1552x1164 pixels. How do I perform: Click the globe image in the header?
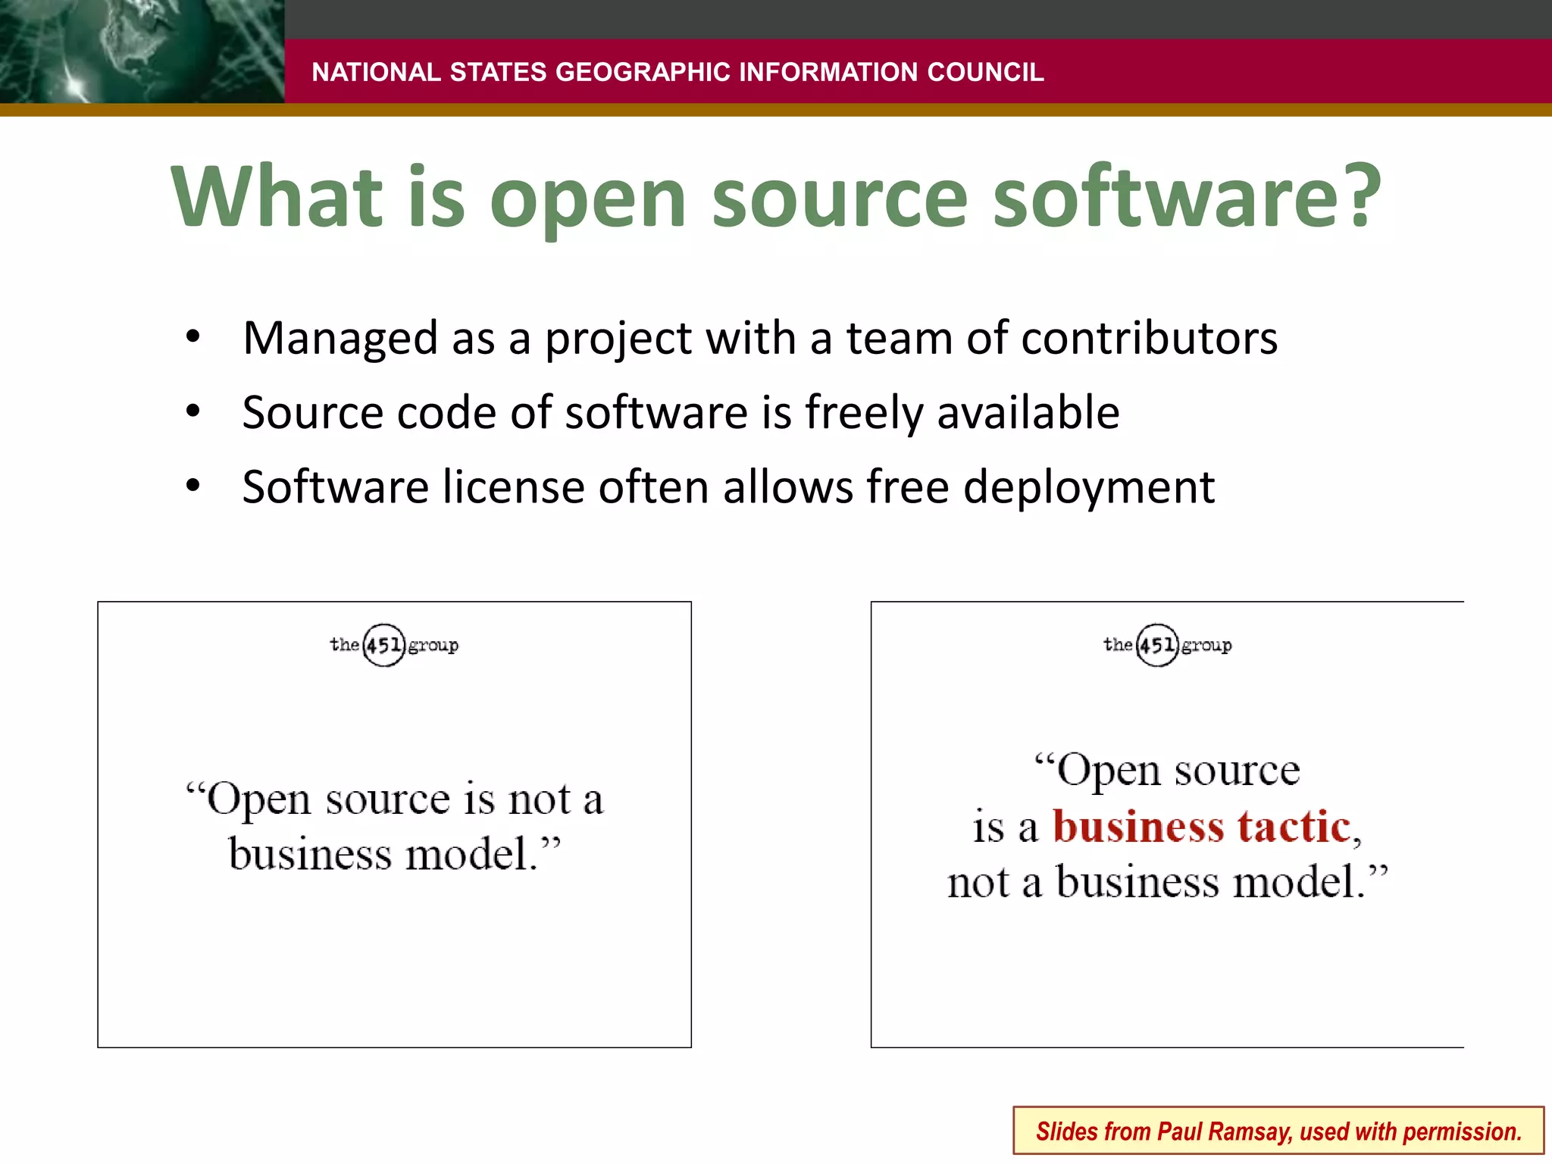pyautogui.click(x=141, y=52)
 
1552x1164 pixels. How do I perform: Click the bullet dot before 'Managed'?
pyautogui.click(x=193, y=336)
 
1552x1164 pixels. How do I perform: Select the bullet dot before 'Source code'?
pyautogui.click(x=193, y=411)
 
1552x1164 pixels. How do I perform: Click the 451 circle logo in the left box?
pyautogui.click(x=383, y=645)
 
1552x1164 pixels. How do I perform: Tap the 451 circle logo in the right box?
pyautogui.click(x=1157, y=645)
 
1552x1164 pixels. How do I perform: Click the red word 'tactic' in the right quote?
pyautogui.click(x=1294, y=826)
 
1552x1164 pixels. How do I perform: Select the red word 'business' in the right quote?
pyautogui.click(x=1138, y=826)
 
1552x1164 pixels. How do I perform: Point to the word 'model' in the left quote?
pyautogui.click(x=465, y=855)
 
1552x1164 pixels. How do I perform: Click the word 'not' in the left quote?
pyautogui.click(x=540, y=799)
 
